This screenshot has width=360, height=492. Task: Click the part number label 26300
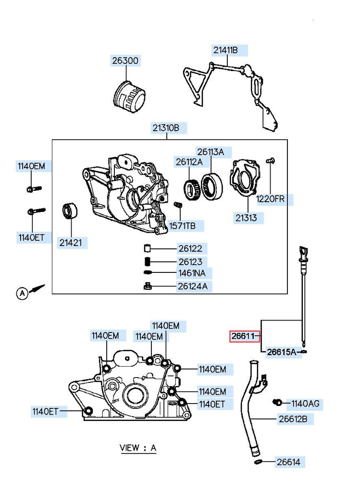click(125, 61)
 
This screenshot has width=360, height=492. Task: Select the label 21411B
click(226, 50)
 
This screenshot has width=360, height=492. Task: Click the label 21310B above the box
click(166, 128)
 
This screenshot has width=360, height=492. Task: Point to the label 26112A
click(189, 162)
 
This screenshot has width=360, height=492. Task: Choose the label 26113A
click(210, 152)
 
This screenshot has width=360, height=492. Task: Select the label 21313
click(247, 218)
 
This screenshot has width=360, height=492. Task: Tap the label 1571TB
click(182, 226)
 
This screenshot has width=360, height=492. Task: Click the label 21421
click(71, 243)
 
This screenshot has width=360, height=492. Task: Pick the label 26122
click(190, 248)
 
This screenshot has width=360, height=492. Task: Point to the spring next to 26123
click(148, 261)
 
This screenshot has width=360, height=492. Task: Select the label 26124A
click(192, 287)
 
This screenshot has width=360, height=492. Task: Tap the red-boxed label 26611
click(244, 336)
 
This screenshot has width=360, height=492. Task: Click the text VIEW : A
click(138, 448)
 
